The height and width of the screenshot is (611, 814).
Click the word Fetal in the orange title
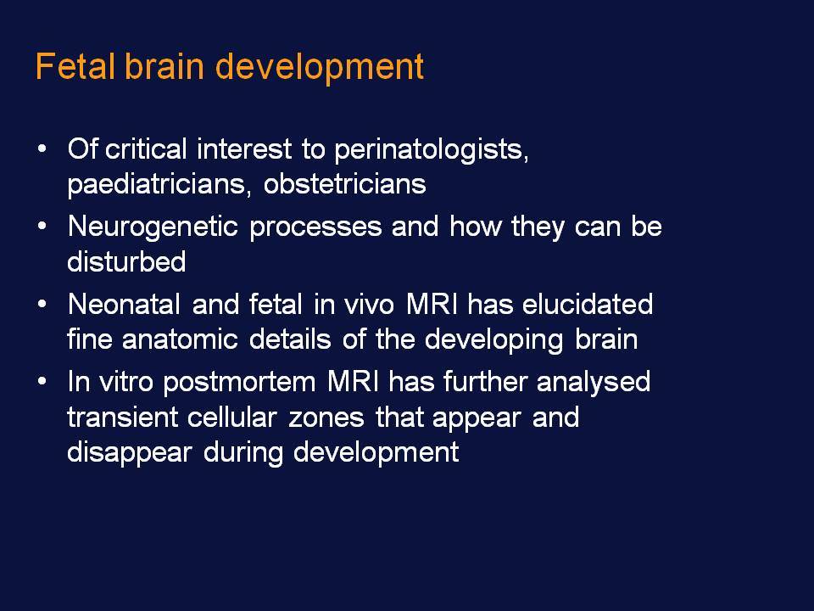coord(75,66)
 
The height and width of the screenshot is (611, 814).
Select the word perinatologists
coord(431,151)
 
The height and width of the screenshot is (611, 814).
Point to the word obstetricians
coord(345,184)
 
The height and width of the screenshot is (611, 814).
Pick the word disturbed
coord(126,261)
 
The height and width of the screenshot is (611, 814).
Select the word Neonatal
coord(124,304)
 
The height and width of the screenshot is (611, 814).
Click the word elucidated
coord(587,304)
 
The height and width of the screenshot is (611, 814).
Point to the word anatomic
coord(180,339)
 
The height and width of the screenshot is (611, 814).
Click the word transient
coord(123,418)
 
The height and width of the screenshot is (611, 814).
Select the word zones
coord(326,418)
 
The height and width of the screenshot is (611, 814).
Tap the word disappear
coord(130,452)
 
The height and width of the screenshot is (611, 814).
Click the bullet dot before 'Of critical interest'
coord(42,149)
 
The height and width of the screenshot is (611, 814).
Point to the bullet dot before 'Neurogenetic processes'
coord(42,226)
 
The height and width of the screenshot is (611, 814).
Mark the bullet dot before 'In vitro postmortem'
coord(42,381)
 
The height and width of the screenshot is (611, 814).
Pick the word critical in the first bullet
coord(145,149)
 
